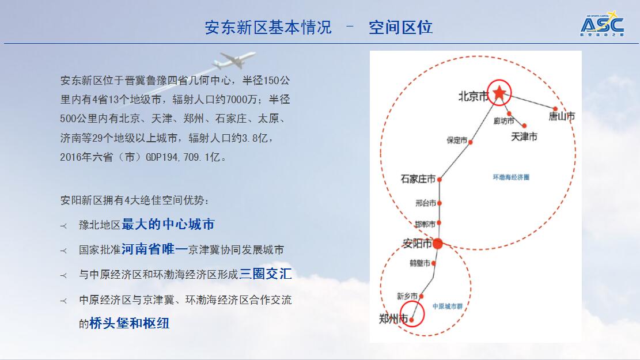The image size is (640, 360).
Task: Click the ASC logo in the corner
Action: pos(603,25)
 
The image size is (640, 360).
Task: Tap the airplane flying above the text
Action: pos(234,60)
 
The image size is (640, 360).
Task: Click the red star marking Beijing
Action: pos(499,93)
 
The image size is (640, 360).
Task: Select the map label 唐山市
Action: pos(562,116)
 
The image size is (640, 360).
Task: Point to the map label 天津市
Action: pos(524,137)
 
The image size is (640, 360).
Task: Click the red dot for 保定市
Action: pos(470,142)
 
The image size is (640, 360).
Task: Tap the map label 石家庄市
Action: pos(418,179)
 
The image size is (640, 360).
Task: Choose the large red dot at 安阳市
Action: pos(437,244)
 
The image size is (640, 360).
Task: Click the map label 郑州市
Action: pos(393,319)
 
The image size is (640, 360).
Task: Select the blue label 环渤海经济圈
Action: pos(511,177)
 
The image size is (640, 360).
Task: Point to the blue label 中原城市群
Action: pos(448,306)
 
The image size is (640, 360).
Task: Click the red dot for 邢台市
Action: pos(439,203)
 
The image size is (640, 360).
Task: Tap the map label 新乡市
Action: pos(407,296)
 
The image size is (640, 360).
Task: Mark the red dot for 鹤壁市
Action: pos(433,263)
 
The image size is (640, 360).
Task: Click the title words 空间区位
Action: pos(400,27)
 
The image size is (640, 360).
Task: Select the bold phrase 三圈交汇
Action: pos(266,274)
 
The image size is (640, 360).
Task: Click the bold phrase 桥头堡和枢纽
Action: pos(130,323)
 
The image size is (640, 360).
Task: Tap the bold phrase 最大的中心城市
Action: pos(168,224)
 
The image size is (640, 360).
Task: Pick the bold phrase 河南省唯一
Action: pos(155,249)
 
